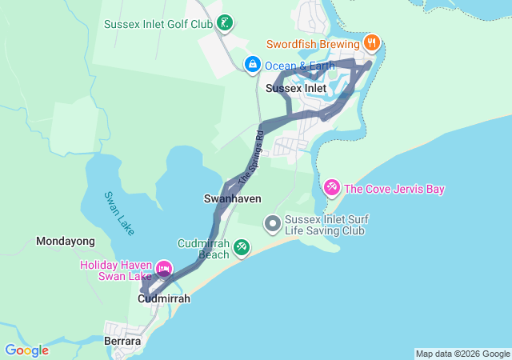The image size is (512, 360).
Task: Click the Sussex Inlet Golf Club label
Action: (x=158, y=24)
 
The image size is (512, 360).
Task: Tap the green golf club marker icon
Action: (x=226, y=22)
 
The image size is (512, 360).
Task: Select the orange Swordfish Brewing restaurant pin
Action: (x=370, y=42)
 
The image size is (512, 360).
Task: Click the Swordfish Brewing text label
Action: (x=314, y=42)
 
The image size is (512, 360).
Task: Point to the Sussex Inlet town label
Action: (x=296, y=88)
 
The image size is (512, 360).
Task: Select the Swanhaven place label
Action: (x=232, y=198)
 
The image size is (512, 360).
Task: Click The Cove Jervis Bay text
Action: (x=394, y=190)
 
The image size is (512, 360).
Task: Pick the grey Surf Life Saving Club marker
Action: (x=273, y=223)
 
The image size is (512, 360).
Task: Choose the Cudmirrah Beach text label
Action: (x=203, y=249)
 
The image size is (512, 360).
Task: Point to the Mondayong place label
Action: (x=66, y=241)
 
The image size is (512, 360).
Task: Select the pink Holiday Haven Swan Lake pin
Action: (x=164, y=268)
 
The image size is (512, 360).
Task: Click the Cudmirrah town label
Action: (x=164, y=298)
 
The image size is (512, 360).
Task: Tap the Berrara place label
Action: (x=122, y=342)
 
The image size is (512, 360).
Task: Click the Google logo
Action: (x=27, y=350)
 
